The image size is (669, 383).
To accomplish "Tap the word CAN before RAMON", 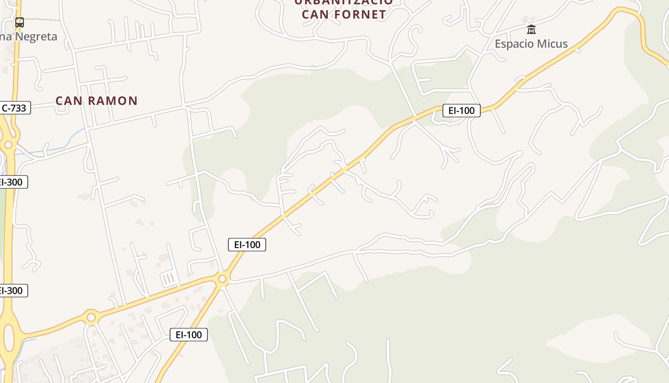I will tap(66, 101).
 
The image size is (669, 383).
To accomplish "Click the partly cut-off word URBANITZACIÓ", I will tap(343, 2).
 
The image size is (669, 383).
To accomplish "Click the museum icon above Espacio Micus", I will tap(531, 30).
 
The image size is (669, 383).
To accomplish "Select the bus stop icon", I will tap(20, 22).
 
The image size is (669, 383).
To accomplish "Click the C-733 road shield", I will tap(14, 108).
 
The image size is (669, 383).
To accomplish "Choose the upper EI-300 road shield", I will tap(11, 182).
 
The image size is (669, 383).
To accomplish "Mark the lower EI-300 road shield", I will tap(11, 291).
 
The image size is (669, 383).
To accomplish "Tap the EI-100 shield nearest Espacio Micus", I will tap(461, 111).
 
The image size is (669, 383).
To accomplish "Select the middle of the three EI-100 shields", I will tap(247, 245).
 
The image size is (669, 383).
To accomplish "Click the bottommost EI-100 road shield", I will tap(189, 335).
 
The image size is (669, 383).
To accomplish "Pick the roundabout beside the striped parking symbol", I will tap(222, 279).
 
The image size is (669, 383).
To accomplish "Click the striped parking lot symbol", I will tap(168, 279).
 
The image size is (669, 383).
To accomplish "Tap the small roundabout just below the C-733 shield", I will tap(8, 145).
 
